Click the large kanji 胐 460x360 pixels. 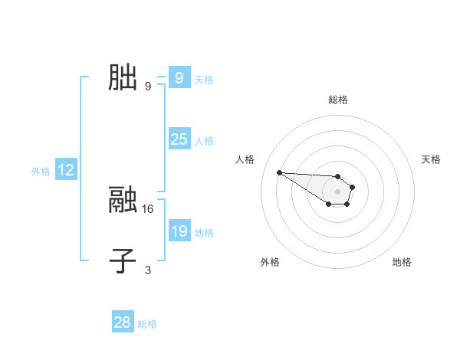123,78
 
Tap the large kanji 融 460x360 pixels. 123,201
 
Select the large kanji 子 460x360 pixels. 123,260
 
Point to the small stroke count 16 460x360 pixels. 148,208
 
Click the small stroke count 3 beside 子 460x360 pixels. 148,269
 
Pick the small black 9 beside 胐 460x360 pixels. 148,86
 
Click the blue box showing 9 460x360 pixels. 179,78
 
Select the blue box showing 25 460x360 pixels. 179,139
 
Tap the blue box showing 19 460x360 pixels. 179,231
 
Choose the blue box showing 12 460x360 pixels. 66,170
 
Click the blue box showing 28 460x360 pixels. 123,322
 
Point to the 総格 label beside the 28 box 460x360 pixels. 147,324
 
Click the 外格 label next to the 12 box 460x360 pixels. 41,172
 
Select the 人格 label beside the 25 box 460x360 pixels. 204,141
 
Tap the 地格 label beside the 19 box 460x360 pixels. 204,233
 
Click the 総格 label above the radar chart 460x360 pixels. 338,100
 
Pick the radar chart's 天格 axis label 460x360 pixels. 431,159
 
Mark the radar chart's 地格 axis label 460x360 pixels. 402,262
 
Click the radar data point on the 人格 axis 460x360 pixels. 279,172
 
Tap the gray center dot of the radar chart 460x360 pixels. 338,191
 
